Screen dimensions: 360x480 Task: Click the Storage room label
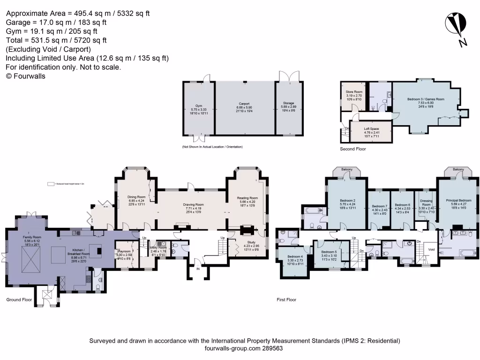click(x=288, y=106)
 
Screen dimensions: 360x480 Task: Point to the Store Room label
click(x=354, y=95)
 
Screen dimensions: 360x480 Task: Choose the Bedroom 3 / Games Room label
click(x=419, y=103)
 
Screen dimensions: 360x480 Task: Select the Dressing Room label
click(x=426, y=204)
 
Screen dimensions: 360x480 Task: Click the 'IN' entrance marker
click(x=198, y=270)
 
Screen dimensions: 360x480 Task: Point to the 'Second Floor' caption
click(x=353, y=149)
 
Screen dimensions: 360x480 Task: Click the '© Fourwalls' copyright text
click(x=26, y=75)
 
